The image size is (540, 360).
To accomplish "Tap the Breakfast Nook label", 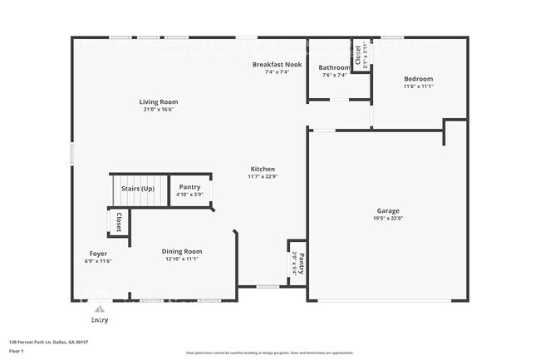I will [277, 64].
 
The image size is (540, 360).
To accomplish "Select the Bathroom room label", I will [335, 68].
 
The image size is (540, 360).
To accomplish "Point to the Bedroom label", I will [418, 79].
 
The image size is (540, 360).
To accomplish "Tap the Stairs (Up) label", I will [138, 188].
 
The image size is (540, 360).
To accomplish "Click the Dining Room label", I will [181, 251].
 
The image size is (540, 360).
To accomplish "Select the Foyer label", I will [98, 254].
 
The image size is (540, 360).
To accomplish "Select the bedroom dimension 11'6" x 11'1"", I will [418, 86].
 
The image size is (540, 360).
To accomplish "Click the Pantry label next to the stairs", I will [189, 187].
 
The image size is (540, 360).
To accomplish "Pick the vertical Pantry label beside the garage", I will [301, 264].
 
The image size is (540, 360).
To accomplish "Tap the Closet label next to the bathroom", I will [358, 54].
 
